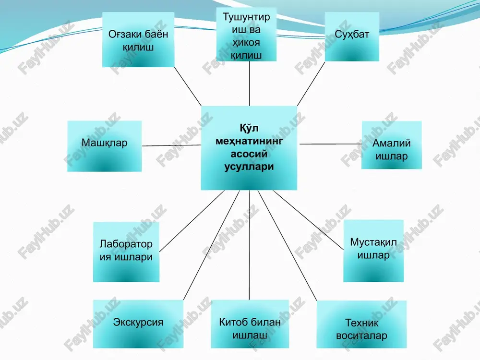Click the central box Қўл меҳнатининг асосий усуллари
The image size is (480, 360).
coord(249,148)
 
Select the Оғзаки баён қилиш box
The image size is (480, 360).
coord(138,39)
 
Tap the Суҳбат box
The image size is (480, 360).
coord(352,36)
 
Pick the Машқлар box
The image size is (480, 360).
coord(104,146)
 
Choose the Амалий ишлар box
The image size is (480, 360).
coord(392,145)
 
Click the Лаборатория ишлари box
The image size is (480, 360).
coord(126,252)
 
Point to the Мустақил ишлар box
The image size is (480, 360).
coord(373,251)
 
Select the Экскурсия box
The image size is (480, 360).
coord(138,324)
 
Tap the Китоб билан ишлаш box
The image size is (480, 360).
coord(250,324)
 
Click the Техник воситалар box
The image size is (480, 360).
coord(361,324)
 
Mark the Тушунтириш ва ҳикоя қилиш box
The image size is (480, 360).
coord(246,34)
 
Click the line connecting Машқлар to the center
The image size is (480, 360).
coord(171,145)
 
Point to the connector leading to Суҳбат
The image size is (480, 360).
coord(311,84)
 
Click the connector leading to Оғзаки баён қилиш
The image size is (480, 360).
coord(188,86)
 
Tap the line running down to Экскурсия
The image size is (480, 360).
coord(211,245)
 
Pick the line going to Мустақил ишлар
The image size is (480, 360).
coord(308,220)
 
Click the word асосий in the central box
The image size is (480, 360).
coord(249,154)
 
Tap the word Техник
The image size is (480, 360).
coord(361,323)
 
